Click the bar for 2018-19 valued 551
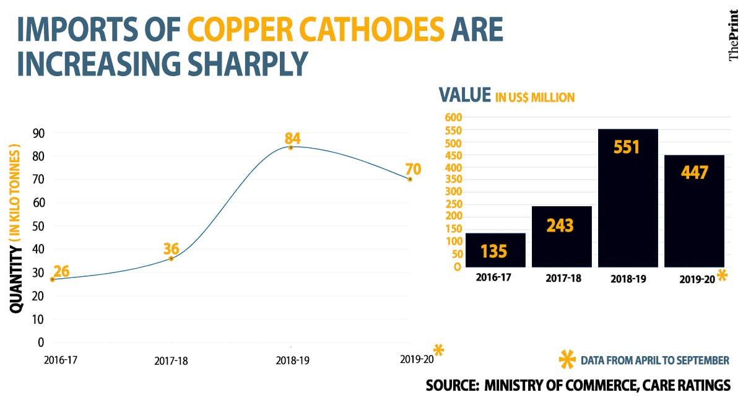click(627, 198)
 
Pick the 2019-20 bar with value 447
click(693, 211)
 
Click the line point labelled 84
click(290, 147)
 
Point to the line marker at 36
click(171, 258)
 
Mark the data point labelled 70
click(409, 179)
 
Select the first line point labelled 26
click(52, 279)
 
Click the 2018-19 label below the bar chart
click(627, 278)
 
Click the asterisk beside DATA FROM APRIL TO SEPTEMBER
click(567, 360)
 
